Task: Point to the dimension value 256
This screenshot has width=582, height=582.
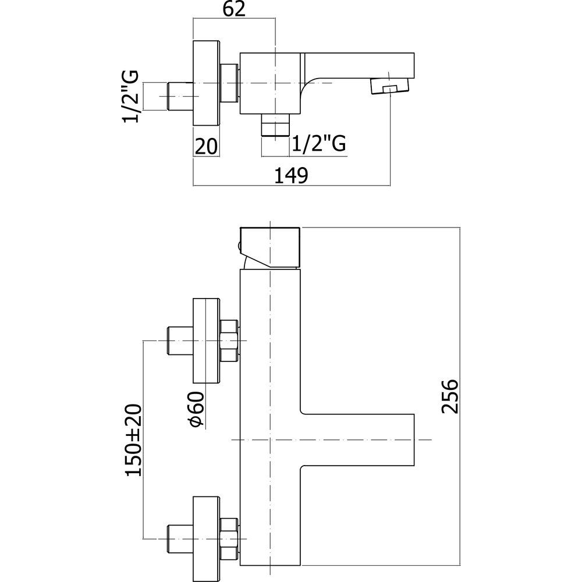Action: [x=449, y=396]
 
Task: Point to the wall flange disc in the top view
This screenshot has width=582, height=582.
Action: [x=206, y=84]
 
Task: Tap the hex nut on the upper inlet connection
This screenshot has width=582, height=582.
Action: [x=229, y=340]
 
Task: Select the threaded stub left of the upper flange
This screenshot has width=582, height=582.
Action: [x=179, y=342]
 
